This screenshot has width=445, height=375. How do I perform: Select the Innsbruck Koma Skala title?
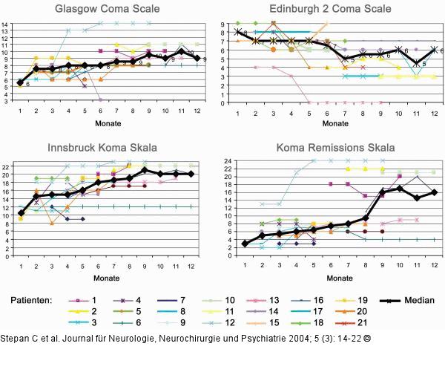click(110, 147)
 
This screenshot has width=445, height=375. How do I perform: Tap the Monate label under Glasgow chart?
click(110, 123)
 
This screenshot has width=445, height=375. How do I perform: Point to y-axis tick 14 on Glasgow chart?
click(5, 25)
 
